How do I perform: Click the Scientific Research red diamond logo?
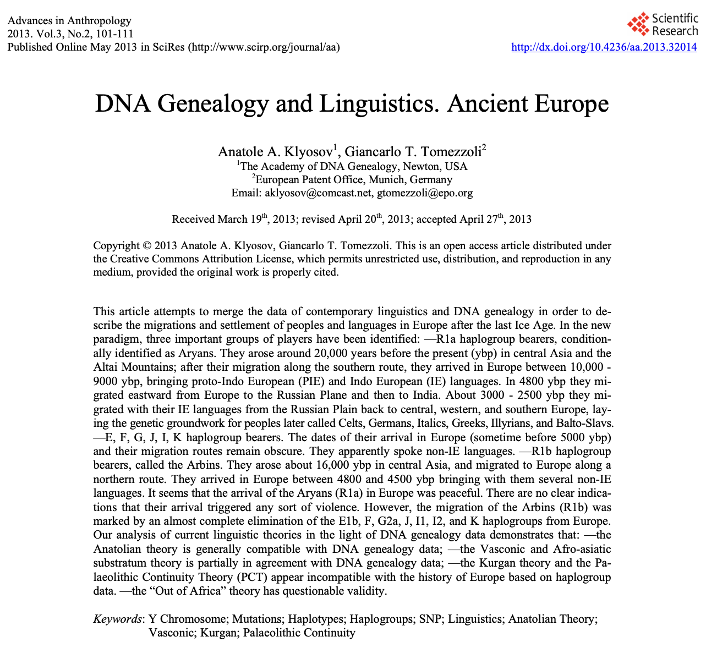click(x=639, y=25)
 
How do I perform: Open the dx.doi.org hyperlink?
click(x=604, y=47)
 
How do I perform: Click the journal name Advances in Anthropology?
click(x=69, y=21)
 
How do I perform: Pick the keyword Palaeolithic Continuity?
click(x=299, y=633)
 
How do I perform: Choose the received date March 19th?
click(x=242, y=220)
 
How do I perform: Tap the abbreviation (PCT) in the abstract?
click(x=253, y=577)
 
